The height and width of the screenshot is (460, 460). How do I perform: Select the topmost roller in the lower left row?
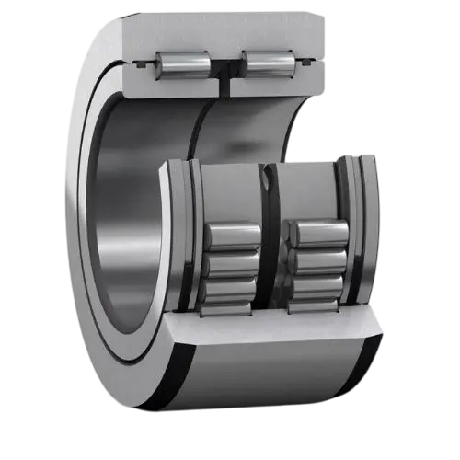click(231, 236)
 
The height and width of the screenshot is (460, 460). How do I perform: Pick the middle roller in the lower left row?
click(231, 264)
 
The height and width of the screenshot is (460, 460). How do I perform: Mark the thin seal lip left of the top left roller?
click(143, 63)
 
